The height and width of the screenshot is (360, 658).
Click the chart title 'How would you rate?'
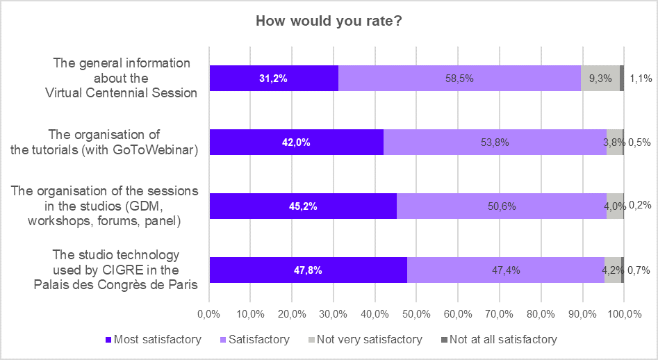[329, 21]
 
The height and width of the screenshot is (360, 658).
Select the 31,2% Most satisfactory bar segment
[274, 79]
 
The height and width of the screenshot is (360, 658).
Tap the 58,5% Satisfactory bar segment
[459, 79]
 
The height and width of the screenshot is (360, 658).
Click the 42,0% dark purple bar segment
[296, 142]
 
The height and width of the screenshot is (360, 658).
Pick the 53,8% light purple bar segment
[495, 142]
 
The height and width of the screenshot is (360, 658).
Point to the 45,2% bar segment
[303, 206]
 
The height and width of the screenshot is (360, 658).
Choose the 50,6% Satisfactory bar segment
[501, 206]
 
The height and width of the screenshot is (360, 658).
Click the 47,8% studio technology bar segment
[308, 270]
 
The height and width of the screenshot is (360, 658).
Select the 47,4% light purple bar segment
[505, 270]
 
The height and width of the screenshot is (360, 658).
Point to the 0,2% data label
[639, 206]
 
